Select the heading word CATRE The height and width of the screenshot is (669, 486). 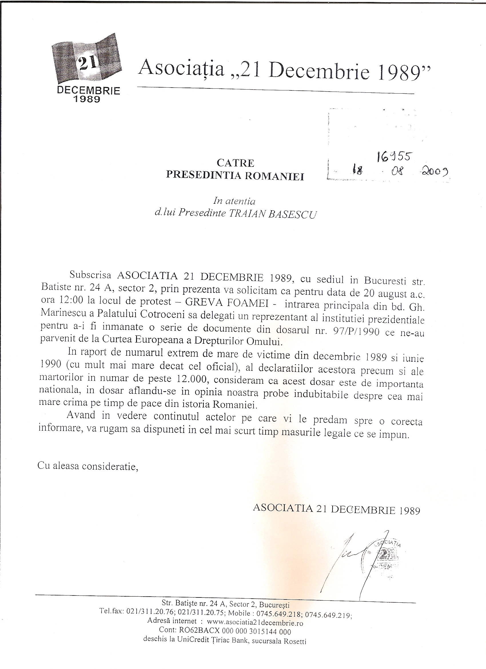tap(235, 163)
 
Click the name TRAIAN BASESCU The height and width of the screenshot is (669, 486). tap(272, 214)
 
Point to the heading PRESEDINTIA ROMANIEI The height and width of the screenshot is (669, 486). tap(235, 176)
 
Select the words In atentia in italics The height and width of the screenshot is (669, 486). tap(234, 201)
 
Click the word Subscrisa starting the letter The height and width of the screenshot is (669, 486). tap(90, 275)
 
